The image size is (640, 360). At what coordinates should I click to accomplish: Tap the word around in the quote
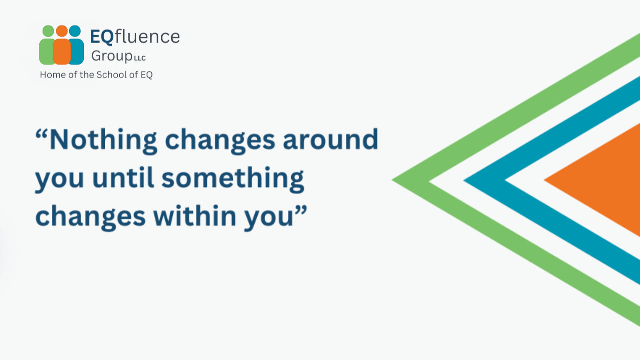point(331,140)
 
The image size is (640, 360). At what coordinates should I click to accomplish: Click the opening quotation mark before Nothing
point(42,135)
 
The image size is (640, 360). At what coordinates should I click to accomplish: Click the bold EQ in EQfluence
point(101,37)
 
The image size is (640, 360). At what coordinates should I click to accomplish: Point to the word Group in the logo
point(111,56)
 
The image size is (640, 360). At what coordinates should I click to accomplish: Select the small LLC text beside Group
point(140,58)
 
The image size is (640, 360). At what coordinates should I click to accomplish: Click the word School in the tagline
point(111,75)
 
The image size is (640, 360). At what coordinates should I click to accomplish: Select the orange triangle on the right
point(605,180)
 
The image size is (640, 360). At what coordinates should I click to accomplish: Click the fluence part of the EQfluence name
point(147,37)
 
